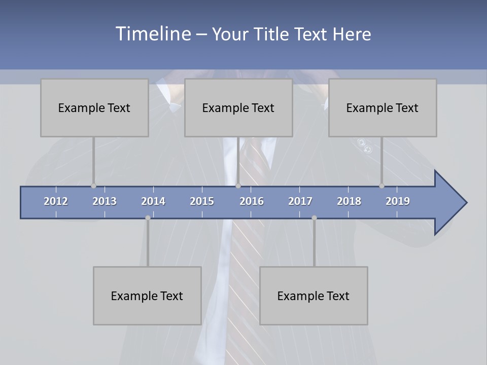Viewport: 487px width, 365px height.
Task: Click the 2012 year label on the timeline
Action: click(56, 201)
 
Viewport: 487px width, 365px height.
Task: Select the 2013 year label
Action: click(105, 201)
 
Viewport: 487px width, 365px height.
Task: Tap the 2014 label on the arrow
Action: click(153, 201)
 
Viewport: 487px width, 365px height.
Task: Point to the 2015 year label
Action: click(202, 201)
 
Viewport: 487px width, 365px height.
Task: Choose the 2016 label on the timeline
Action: click(252, 201)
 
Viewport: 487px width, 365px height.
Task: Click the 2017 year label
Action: click(300, 201)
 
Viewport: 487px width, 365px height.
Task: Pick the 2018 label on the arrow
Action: click(349, 201)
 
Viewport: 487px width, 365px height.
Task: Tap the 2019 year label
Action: click(398, 201)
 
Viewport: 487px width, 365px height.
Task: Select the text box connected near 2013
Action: click(94, 107)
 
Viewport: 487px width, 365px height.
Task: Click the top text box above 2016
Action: click(238, 107)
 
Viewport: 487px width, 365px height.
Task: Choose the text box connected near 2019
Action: click(382, 107)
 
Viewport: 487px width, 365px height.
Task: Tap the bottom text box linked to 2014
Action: click(147, 296)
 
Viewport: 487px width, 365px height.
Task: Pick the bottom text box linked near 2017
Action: click(314, 296)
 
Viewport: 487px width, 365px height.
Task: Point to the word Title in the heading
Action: click(273, 34)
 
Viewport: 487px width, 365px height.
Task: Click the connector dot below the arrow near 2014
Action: click(148, 218)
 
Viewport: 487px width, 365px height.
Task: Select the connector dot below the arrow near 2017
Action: click(314, 218)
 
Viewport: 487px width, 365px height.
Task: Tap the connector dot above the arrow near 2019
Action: click(381, 186)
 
